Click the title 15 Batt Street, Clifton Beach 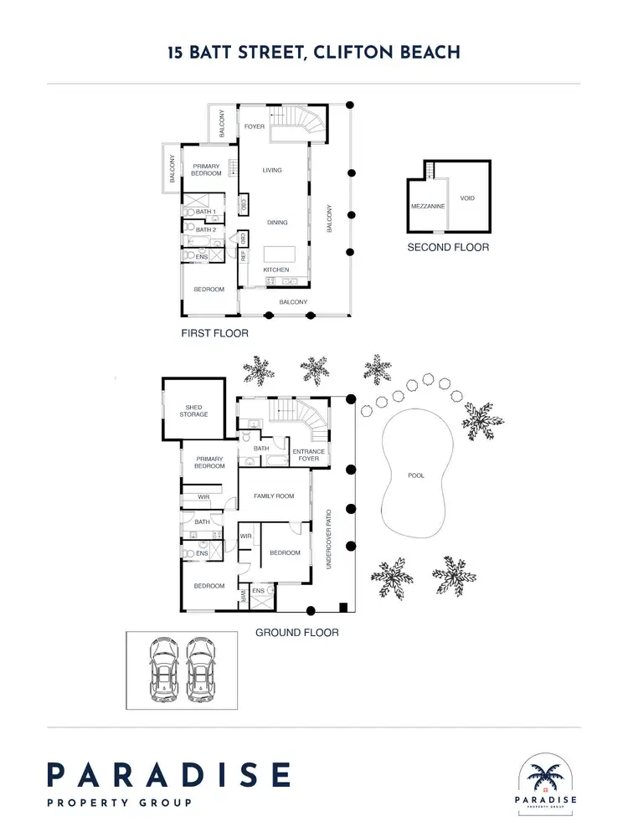[313, 52]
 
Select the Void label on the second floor [467, 198]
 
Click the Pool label [415, 475]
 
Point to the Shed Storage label [193, 411]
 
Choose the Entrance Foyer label [308, 455]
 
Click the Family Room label [274, 496]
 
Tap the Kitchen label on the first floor [276, 270]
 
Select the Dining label [277, 223]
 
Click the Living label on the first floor [272, 170]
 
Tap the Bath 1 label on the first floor [206, 212]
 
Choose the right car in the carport [201, 670]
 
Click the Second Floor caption [448, 247]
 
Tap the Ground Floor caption [296, 633]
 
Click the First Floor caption [214, 332]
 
